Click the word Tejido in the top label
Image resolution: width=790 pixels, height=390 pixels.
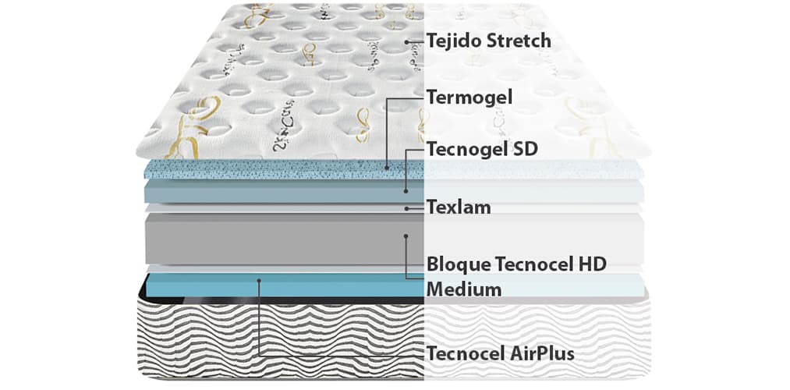pyautogui.click(x=452, y=40)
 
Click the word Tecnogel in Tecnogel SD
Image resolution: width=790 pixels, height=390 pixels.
pyautogui.click(x=465, y=149)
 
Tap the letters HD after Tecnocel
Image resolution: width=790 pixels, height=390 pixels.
pyautogui.click(x=591, y=264)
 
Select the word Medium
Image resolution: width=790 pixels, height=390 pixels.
pyautogui.click(x=464, y=289)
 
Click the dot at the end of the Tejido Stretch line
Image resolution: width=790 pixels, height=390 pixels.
pyautogui.click(x=407, y=41)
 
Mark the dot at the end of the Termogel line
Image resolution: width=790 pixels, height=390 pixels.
pyautogui.click(x=387, y=166)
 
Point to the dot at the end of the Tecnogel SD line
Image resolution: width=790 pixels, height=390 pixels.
pyautogui.click(x=406, y=190)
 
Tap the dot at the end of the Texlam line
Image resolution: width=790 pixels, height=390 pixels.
pyautogui.click(x=407, y=207)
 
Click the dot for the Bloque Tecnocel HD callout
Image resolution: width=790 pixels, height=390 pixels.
pyautogui.click(x=406, y=234)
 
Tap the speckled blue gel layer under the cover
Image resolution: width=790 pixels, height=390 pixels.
pyautogui.click(x=273, y=169)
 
